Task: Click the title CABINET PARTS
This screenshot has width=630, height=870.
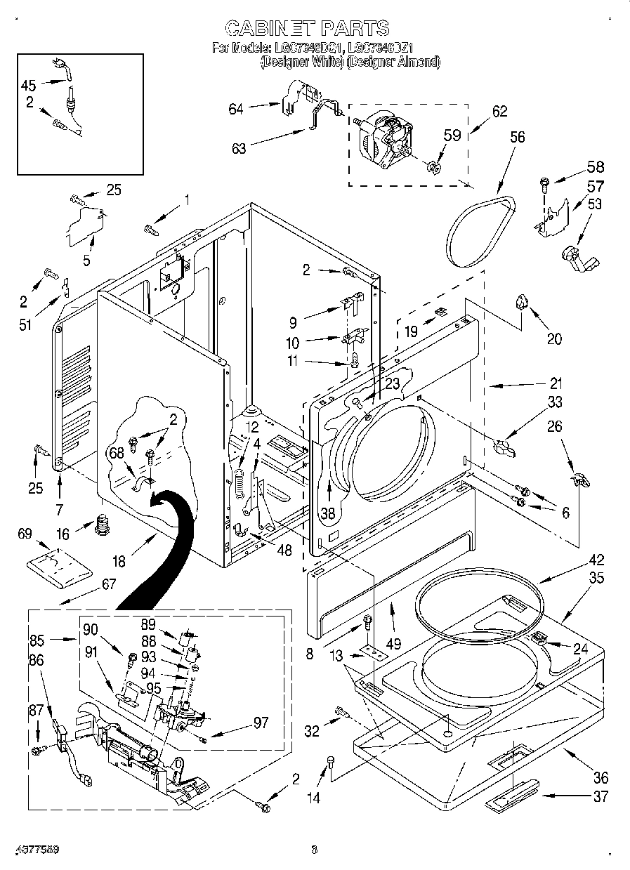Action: [x=306, y=28]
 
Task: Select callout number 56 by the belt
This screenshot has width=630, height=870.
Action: [x=517, y=138]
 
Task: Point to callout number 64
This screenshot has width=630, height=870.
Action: [x=236, y=108]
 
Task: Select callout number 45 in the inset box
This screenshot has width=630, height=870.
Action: [x=28, y=85]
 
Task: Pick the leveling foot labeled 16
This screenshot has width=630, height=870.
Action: [x=104, y=525]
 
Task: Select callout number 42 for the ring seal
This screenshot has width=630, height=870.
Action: [x=596, y=560]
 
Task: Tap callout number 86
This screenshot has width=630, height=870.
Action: [x=36, y=660]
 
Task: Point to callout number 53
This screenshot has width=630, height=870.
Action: [x=594, y=204]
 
